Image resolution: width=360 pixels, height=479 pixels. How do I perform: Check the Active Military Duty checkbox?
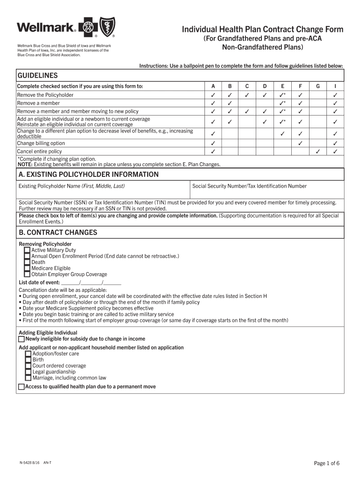pos(27,250)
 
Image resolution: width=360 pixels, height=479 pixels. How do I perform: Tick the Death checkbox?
pos(27,262)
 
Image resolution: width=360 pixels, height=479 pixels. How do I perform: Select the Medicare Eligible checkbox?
pos(27,269)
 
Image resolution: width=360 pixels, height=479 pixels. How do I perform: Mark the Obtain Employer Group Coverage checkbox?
pos(27,275)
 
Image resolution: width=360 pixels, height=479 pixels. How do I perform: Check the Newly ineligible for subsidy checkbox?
pos(22,339)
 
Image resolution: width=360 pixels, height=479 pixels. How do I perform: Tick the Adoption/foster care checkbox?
pos(28,354)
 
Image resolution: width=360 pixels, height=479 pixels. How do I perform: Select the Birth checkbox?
pos(28,360)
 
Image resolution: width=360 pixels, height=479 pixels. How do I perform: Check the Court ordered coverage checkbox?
pos(28,366)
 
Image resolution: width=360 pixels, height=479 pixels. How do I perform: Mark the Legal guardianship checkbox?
pos(28,372)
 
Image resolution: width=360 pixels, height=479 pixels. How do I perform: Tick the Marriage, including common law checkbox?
pos(28,378)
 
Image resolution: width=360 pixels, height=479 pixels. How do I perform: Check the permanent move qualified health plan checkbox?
pos(22,387)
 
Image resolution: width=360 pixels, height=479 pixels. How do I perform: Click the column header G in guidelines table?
pos(318,87)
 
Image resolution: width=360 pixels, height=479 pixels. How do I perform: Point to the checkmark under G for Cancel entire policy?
pos(318,152)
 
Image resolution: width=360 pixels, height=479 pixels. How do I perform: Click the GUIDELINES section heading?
pos(37,75)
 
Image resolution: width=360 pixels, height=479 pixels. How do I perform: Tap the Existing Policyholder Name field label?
pos(72,186)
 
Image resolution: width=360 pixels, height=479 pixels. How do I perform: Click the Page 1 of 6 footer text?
pos(327,463)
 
